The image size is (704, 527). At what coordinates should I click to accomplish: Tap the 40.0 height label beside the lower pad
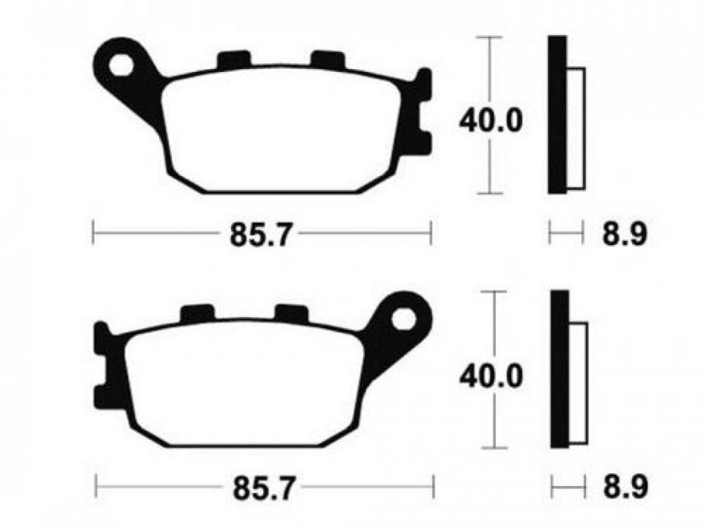click(x=491, y=377)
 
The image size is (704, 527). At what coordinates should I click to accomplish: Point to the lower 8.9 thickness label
click(x=625, y=486)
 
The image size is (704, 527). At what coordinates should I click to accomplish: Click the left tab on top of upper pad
click(x=234, y=59)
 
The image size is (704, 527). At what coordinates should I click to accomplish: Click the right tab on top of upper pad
click(x=327, y=59)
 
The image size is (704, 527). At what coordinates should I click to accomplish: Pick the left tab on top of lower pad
click(x=197, y=313)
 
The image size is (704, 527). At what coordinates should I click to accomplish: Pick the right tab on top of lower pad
click(x=290, y=313)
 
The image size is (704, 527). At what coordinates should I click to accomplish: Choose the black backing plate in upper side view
click(x=557, y=115)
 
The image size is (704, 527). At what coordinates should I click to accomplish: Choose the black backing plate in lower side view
click(x=560, y=370)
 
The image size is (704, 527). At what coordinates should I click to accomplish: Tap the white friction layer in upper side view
click(x=577, y=129)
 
